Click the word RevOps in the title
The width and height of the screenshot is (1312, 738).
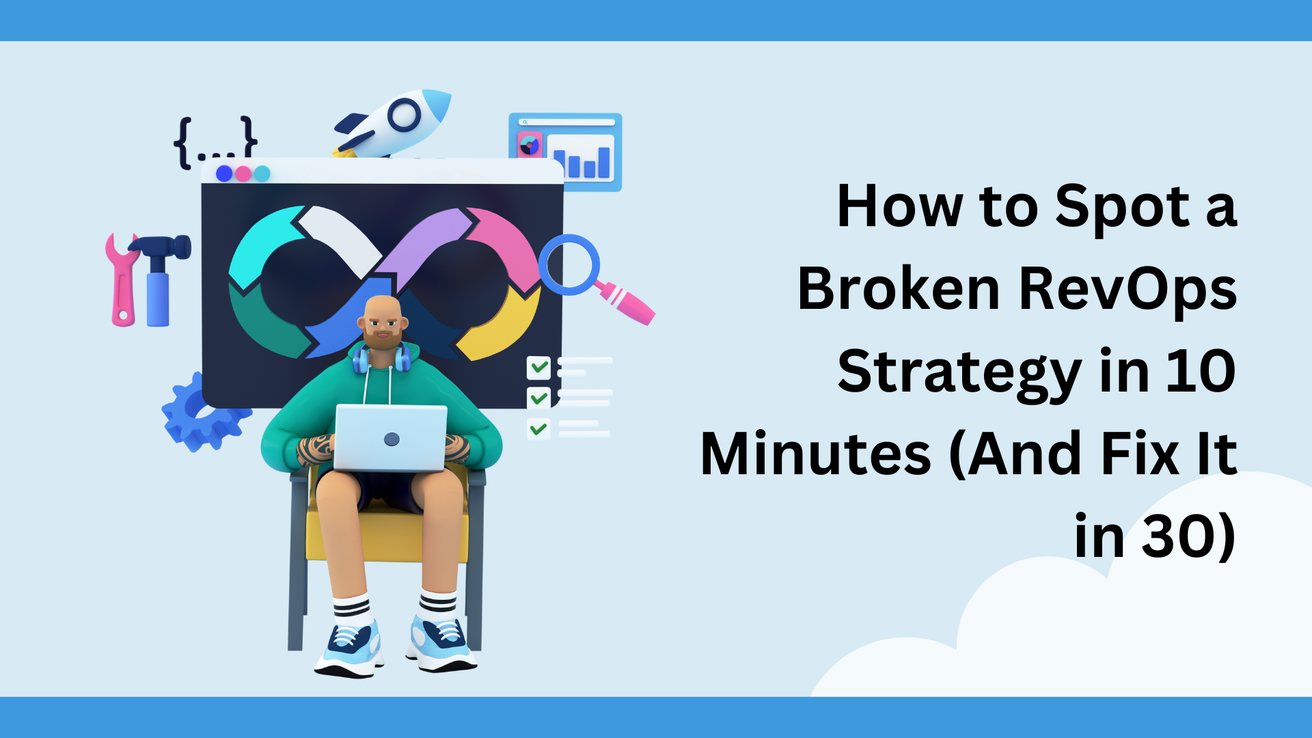[x=1127, y=289]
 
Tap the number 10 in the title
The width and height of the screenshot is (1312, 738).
[x=1201, y=371]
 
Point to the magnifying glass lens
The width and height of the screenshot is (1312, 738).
[x=569, y=264]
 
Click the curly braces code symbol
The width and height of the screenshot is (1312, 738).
[x=215, y=142]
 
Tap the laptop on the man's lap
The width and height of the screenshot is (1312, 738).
[x=390, y=438]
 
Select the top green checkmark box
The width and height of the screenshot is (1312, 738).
[x=538, y=368]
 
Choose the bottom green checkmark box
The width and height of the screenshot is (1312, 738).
[x=538, y=428]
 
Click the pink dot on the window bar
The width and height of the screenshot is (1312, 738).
[x=243, y=174]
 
